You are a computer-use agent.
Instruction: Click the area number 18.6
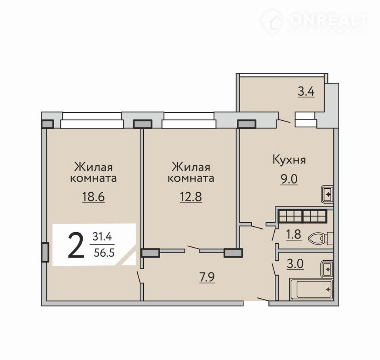[93, 197]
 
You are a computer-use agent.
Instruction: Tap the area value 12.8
[191, 197]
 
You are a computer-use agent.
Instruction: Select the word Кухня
[289, 160]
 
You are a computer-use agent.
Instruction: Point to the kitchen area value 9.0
[289, 180]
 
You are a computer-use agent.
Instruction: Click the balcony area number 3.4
[306, 92]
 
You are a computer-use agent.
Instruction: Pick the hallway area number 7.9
[207, 277]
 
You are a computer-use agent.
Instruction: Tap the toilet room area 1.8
[293, 235]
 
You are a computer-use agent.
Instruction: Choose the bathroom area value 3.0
[295, 264]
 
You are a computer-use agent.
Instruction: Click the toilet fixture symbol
[321, 238]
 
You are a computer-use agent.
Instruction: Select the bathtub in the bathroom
[312, 289]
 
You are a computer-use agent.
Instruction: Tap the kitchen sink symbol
[327, 194]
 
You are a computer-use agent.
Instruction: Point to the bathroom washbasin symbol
[327, 269]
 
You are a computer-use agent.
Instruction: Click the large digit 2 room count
[76, 245]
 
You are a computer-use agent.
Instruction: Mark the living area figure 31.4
[102, 237]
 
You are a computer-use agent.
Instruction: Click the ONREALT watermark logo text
[329, 21]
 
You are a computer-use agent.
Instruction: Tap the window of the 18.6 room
[91, 120]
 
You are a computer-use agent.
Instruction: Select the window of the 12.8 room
[188, 120]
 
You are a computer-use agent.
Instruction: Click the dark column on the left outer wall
[45, 252]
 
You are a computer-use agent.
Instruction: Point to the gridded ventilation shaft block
[303, 216]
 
